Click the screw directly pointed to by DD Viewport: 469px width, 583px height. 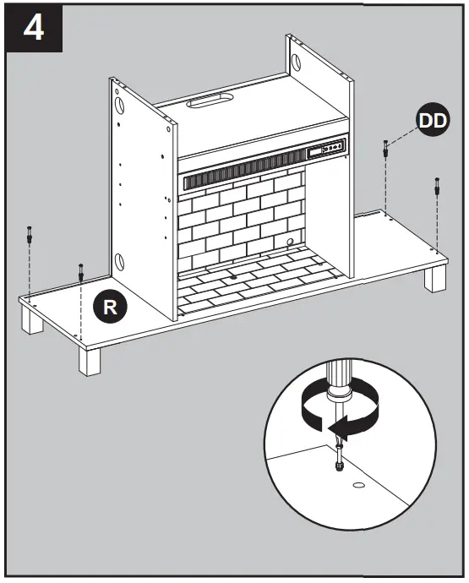click(386, 150)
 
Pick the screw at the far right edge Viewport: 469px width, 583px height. click(436, 185)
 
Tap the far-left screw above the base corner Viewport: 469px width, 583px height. click(30, 237)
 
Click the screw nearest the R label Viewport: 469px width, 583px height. click(80, 271)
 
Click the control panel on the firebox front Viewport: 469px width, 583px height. click(326, 149)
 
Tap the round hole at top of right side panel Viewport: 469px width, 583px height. click(298, 62)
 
